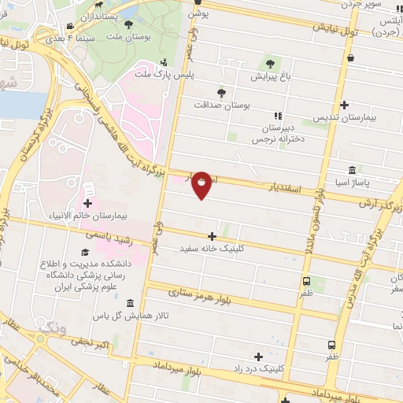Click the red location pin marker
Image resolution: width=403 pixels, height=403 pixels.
pos(201,184)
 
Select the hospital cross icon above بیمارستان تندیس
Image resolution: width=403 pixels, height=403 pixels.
pos(344,105)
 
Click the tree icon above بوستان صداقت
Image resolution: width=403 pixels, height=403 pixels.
pos(220,91)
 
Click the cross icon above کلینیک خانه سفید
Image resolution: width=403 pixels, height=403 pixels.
pos(212,236)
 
